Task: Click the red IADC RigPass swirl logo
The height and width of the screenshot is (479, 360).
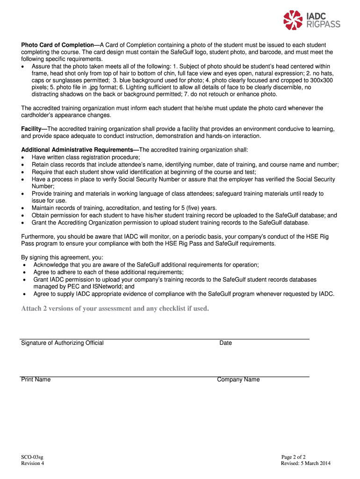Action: click(x=294, y=20)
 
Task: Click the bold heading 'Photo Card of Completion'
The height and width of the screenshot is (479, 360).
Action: click(x=58, y=45)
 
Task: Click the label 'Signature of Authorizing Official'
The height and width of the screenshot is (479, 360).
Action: click(x=62, y=343)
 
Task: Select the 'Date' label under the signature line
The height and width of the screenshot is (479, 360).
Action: click(x=225, y=343)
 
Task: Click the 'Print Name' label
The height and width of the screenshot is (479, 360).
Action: click(x=36, y=379)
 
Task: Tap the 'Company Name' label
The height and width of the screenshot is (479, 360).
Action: click(x=238, y=379)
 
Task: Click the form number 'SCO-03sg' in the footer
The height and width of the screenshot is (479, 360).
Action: click(x=32, y=457)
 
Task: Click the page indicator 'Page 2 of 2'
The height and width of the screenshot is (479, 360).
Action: click(x=294, y=457)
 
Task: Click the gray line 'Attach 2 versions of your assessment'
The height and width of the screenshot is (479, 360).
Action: click(x=115, y=309)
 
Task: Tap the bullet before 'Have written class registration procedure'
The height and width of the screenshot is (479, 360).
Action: click(x=23, y=158)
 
